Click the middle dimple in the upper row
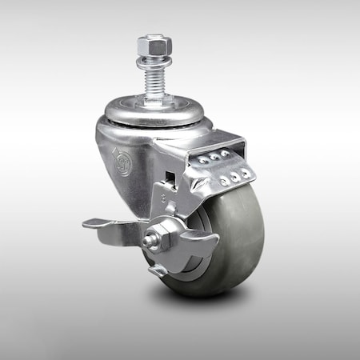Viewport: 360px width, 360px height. coord(214,157)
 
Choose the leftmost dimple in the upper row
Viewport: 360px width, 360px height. coord(203,161)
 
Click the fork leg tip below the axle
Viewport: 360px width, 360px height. coord(158,271)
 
